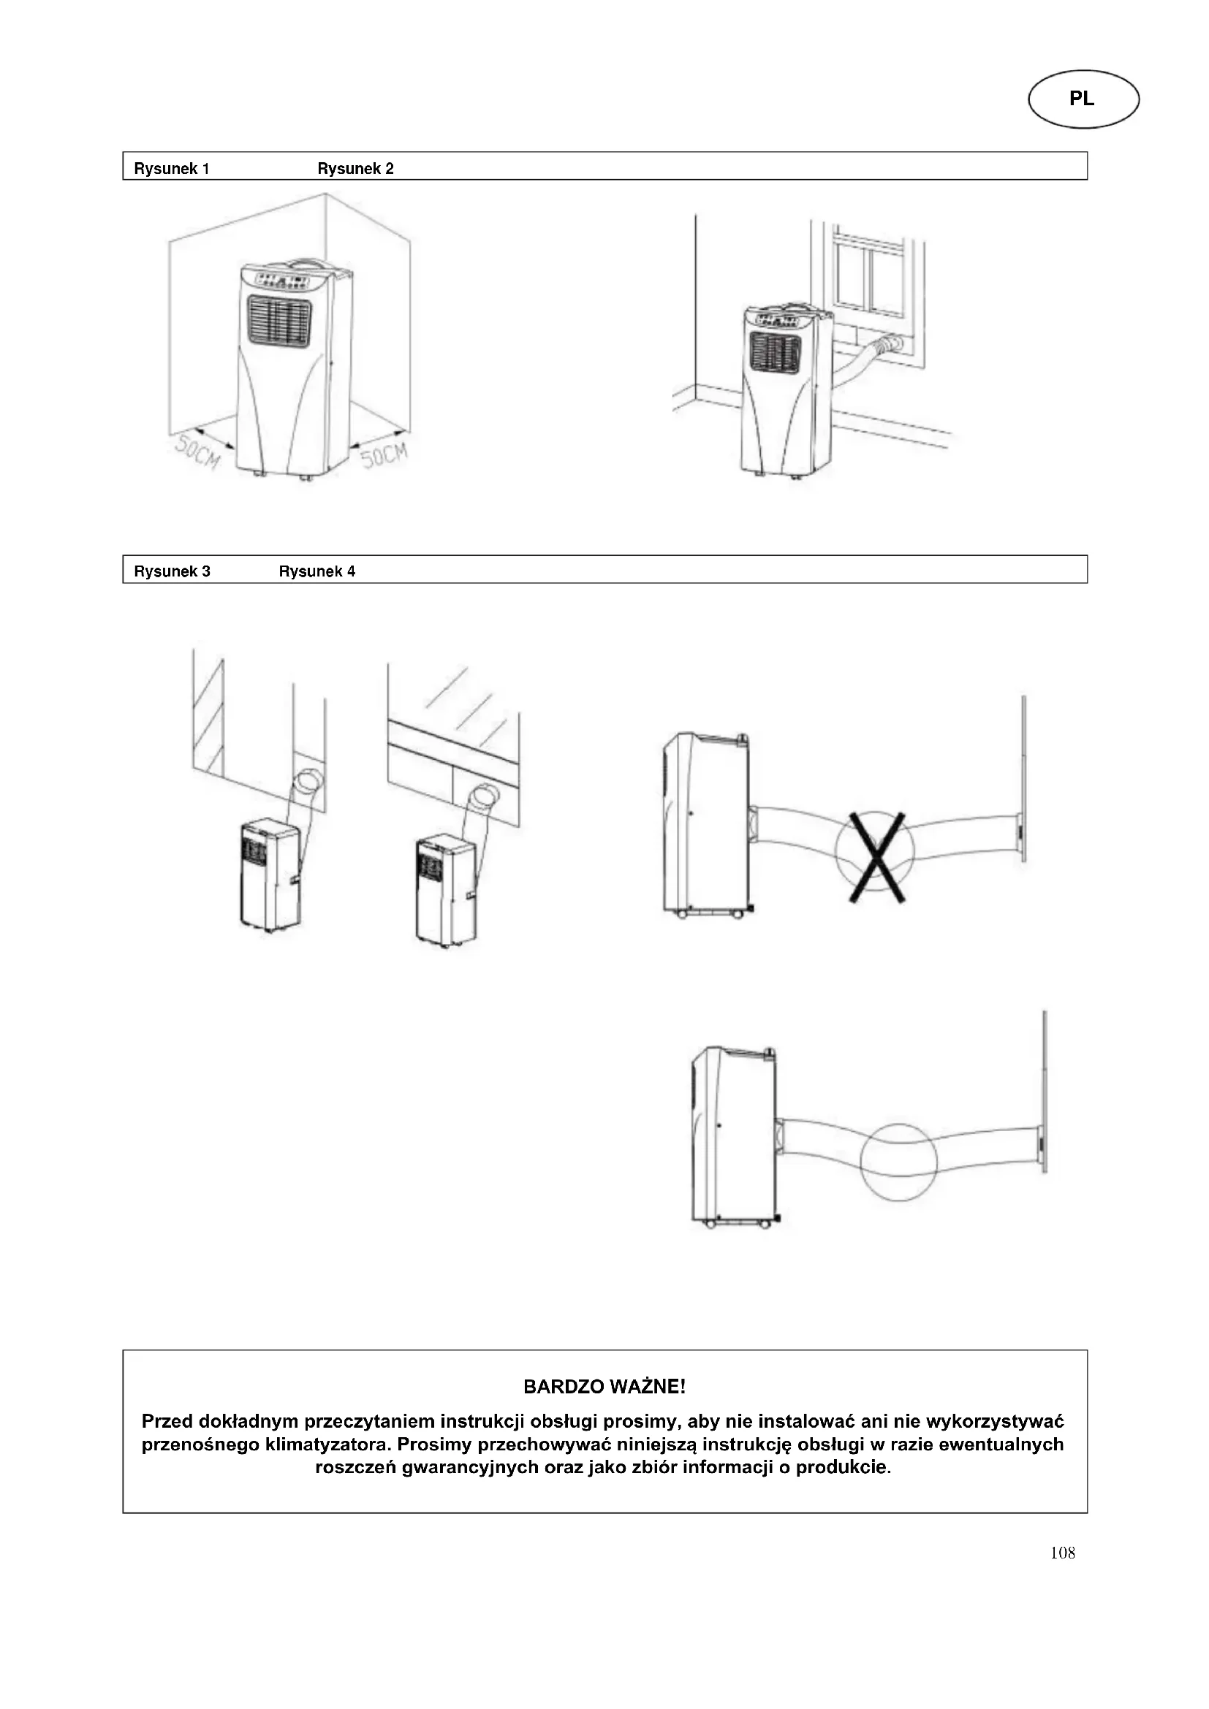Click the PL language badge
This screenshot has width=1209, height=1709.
point(1083,99)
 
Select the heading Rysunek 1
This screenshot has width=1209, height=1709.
point(171,169)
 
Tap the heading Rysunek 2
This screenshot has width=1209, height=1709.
point(355,169)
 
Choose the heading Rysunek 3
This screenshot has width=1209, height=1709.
point(172,571)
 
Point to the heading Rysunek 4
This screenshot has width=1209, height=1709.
point(317,571)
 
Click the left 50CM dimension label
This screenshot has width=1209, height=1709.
point(197,452)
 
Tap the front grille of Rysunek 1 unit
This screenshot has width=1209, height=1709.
point(278,321)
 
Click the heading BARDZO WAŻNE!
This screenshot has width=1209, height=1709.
point(604,1387)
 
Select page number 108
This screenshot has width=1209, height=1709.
point(1062,1553)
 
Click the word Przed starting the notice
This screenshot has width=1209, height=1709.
point(167,1422)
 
